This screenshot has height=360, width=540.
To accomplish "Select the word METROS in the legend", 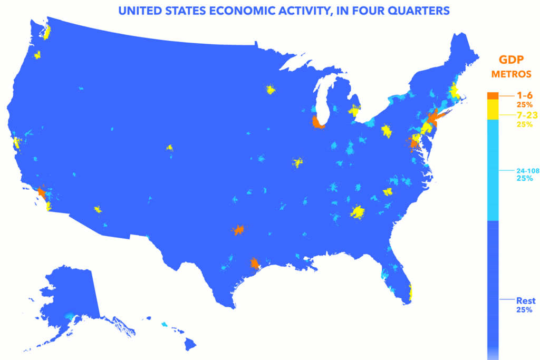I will point(510,75).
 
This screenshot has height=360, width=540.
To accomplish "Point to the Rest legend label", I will point(525,300).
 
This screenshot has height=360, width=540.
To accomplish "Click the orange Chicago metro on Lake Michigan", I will point(318,123).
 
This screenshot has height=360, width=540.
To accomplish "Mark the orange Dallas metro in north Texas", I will point(238,229).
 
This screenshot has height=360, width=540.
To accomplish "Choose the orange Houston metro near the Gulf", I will point(255,263).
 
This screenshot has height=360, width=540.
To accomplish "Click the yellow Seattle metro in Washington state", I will point(46,32).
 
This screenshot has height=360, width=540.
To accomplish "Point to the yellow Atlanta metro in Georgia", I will point(358,212).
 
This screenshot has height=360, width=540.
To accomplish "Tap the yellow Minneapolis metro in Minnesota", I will point(270,89).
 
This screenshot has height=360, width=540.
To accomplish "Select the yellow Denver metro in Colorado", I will point(170,148).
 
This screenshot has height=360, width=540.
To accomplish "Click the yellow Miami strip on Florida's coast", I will point(410,291).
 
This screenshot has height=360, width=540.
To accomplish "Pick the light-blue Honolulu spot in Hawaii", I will point(165,323).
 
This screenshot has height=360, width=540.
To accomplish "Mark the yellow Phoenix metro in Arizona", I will point(98,209).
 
